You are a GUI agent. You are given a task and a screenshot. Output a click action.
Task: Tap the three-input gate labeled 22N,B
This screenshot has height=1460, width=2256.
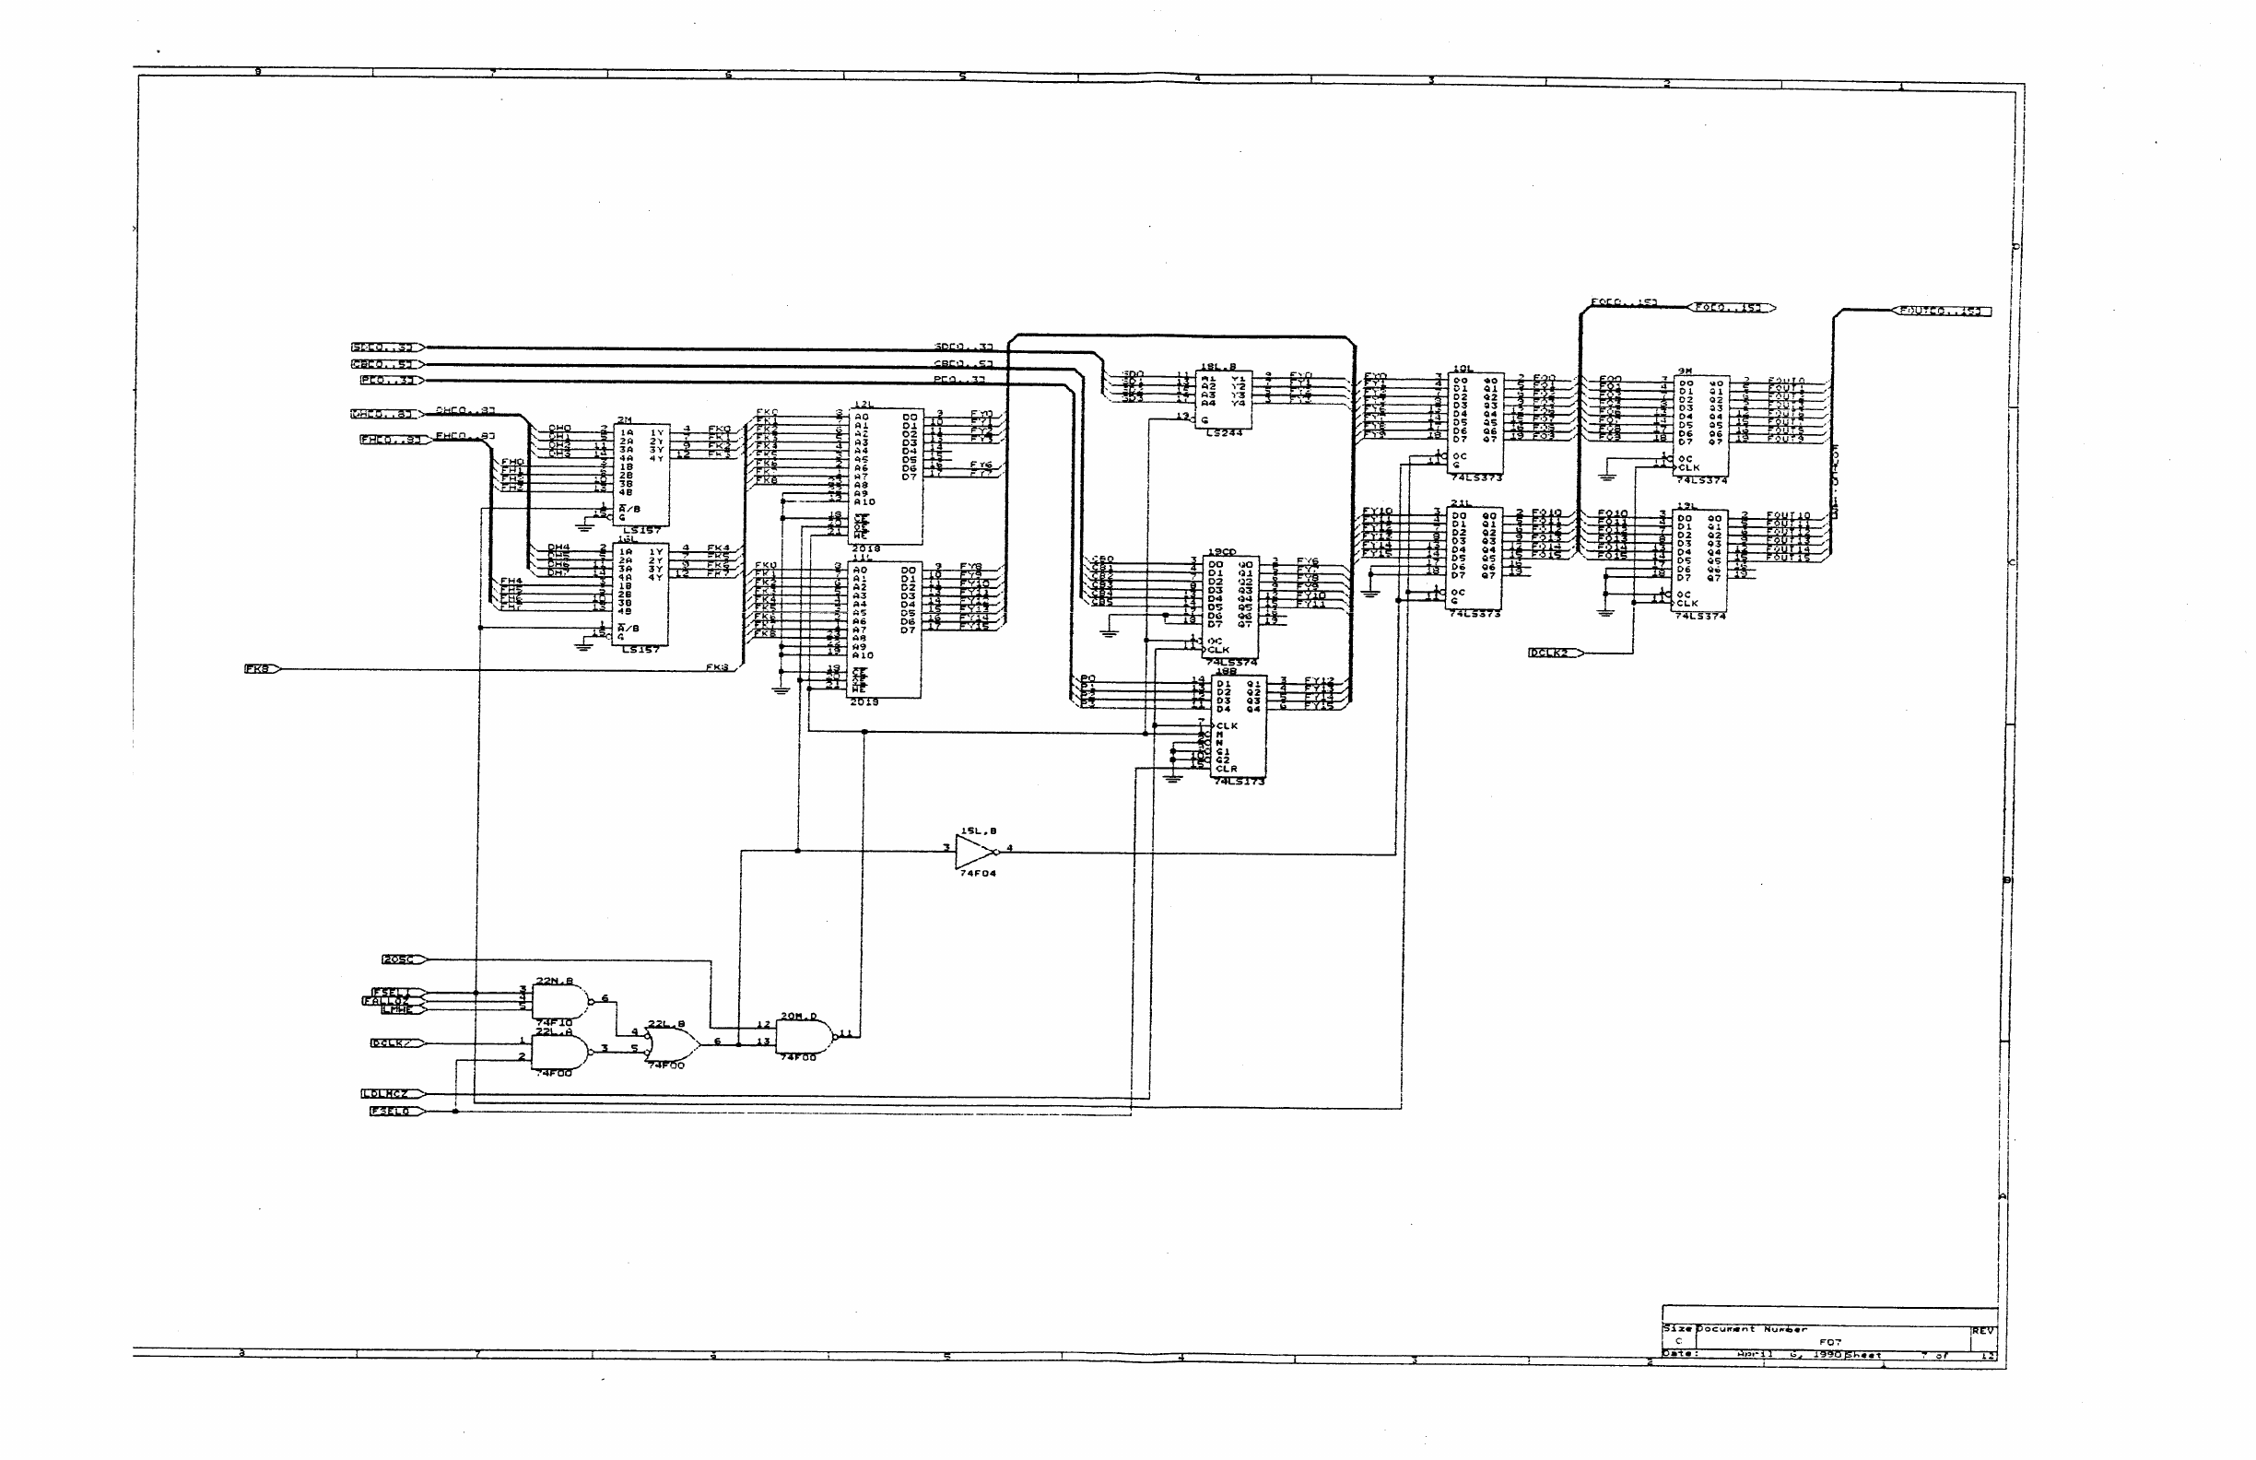(x=559, y=1001)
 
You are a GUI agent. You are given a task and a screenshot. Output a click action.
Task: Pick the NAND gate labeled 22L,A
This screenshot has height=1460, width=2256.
(x=559, y=1053)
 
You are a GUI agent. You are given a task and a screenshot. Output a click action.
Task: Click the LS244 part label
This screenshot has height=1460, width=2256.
(x=1223, y=433)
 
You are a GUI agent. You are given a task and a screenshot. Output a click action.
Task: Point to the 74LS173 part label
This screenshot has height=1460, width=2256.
(x=1238, y=782)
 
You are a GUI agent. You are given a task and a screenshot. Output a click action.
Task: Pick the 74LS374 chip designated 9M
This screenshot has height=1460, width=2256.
(x=1700, y=427)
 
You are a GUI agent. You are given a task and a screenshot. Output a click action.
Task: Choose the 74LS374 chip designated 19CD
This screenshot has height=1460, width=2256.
(x=1231, y=606)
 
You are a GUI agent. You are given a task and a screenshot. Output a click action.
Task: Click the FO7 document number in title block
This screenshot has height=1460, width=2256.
(x=1829, y=1342)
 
